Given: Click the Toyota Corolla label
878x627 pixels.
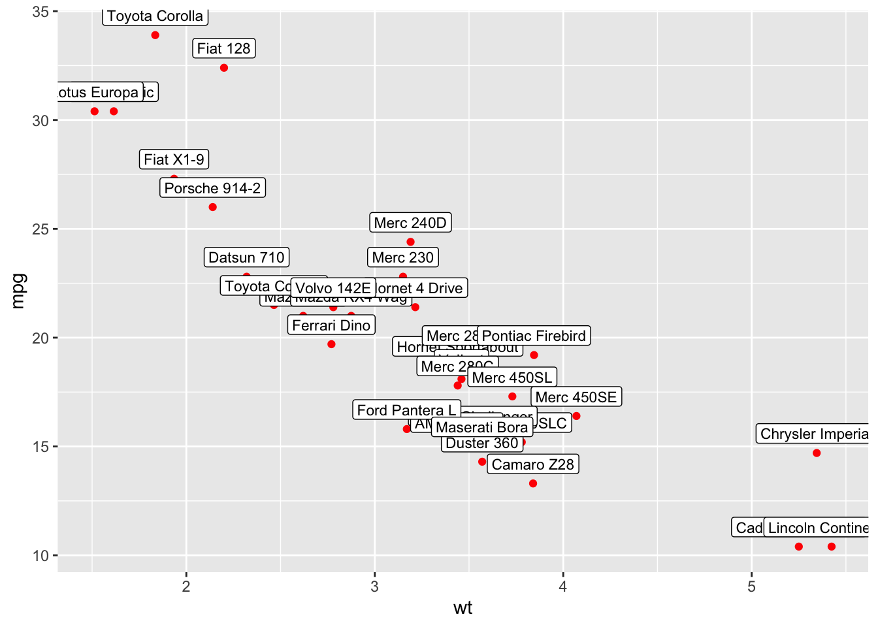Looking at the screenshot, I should coord(155,16).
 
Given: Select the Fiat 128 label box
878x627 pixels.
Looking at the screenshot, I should coord(223,48).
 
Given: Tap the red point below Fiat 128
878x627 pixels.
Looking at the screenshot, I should coord(224,68).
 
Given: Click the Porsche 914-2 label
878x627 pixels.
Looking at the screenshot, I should coord(212,188).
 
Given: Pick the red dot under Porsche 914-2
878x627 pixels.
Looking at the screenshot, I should coord(212,207).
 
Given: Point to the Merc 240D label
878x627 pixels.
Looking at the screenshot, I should coord(410,223).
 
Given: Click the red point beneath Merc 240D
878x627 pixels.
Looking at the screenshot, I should coord(410,242).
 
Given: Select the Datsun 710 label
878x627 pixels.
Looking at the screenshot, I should coord(246,257).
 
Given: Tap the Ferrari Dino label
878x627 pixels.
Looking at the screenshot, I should coord(331,325).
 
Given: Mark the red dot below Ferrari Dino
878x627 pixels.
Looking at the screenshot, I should coord(331,344).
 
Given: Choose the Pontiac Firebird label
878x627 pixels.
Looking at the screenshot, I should coord(534,336).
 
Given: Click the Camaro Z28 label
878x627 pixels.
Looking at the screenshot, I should coord(532,464).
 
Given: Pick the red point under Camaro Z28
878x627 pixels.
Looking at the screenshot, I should coord(533,483).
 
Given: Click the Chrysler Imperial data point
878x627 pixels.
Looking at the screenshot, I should coord(817,453).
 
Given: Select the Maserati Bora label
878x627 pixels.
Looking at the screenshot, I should coord(481,427).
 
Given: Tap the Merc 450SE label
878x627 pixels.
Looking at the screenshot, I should coord(576,397).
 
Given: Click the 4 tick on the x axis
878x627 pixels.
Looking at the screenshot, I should coord(563,587).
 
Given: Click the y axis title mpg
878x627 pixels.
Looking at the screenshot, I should coord(18,291).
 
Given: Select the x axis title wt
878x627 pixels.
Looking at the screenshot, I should coord(463,608).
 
